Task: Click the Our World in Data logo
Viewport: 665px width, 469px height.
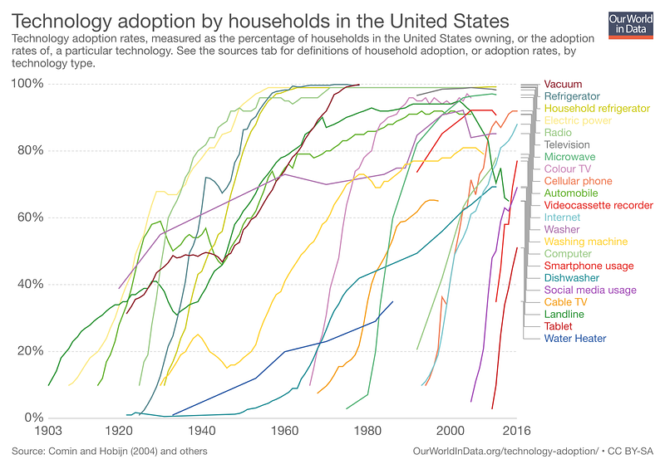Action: [630, 25]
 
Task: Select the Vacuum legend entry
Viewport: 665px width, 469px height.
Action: [563, 84]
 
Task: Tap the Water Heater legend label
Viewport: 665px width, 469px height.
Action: [575, 338]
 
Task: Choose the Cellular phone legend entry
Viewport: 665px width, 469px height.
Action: [578, 181]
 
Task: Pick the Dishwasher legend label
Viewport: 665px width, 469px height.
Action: [572, 278]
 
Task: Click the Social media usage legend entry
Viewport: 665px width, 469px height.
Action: [590, 290]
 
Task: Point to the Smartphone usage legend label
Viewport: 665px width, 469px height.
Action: [589, 266]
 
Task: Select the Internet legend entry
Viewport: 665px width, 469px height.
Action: [562, 217]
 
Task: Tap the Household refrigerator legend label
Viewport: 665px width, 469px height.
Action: [597, 109]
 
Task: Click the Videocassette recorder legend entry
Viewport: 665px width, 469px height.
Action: [598, 205]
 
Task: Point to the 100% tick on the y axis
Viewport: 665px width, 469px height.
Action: [27, 84]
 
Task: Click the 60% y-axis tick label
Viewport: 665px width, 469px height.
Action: [30, 217]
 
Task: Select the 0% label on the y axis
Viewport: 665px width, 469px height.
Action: [34, 418]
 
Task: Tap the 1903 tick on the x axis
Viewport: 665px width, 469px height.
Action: [48, 431]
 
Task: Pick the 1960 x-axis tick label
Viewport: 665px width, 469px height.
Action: [285, 431]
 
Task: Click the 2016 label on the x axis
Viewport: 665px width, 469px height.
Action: [516, 431]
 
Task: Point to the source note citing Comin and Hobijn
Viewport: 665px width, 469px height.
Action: [110, 452]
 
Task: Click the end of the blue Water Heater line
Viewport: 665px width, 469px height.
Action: [392, 301]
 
